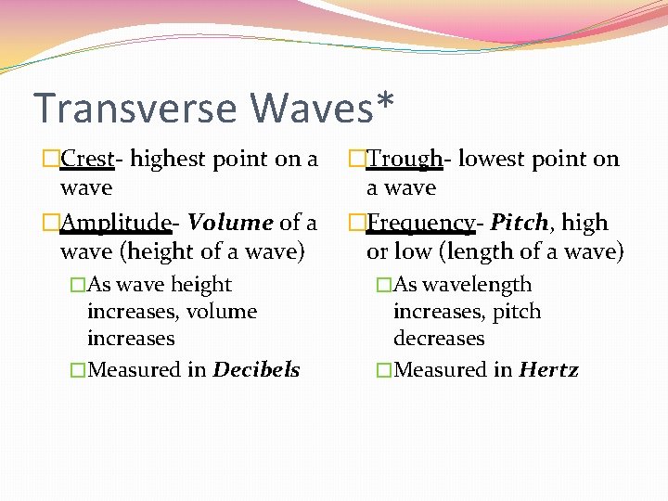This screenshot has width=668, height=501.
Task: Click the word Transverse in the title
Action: (x=135, y=108)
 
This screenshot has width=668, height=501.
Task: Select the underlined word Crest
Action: (x=86, y=160)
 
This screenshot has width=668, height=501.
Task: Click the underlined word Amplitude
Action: (x=115, y=223)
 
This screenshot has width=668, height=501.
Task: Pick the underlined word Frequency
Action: (x=424, y=223)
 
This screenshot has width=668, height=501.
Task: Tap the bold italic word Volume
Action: (x=230, y=223)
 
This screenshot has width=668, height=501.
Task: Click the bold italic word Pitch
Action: (x=519, y=223)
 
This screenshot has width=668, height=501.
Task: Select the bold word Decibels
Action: (x=256, y=369)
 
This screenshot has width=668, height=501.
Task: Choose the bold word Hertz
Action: (x=548, y=369)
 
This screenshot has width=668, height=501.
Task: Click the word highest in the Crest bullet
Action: (x=168, y=160)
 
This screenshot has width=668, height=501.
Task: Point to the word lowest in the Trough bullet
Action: (x=496, y=160)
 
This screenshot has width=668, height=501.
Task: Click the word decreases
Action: (x=439, y=338)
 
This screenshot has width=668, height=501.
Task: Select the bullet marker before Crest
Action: (x=51, y=160)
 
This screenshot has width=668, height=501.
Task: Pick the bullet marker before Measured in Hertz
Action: (x=384, y=370)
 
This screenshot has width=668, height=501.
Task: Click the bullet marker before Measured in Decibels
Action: (x=78, y=370)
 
